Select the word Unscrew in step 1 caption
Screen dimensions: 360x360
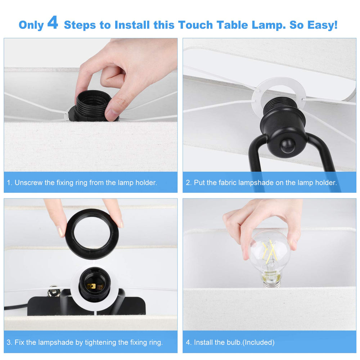pos(28,183)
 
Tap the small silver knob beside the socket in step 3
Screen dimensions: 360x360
pos(53,291)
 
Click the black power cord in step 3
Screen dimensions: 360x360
pos(14,308)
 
